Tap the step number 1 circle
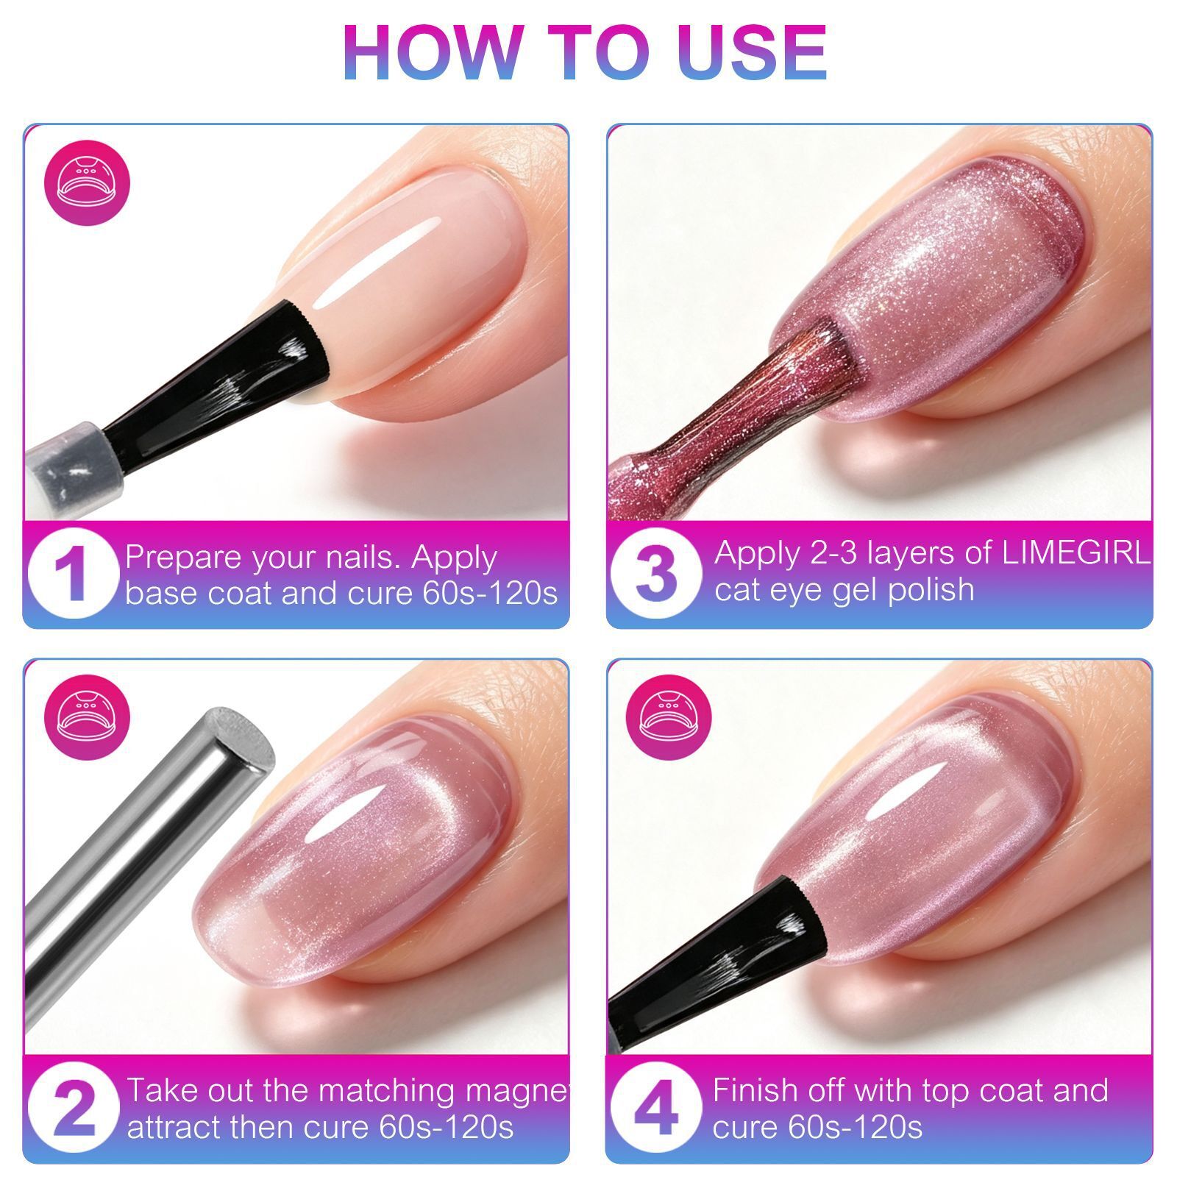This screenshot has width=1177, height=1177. (x=74, y=574)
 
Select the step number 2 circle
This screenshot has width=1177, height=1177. (x=74, y=1108)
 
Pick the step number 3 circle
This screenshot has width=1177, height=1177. (x=656, y=574)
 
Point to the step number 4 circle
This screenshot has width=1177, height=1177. (x=656, y=1108)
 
